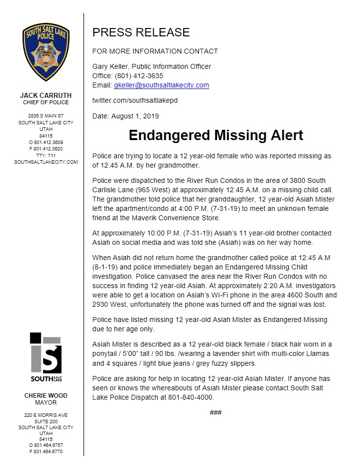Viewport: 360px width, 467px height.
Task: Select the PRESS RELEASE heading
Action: [x=141, y=32]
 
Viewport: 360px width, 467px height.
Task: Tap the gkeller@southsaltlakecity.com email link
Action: [x=162, y=85]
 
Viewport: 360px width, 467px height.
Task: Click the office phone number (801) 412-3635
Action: [x=139, y=76]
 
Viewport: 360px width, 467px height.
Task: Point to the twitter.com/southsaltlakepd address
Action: [x=135, y=100]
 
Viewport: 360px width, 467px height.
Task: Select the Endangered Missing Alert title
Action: [x=216, y=135]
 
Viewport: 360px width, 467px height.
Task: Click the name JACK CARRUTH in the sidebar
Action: [x=46, y=95]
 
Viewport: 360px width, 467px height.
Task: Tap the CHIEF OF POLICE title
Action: [x=46, y=102]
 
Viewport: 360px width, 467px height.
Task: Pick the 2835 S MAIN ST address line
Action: [x=46, y=116]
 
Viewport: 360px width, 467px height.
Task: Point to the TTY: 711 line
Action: [x=46, y=155]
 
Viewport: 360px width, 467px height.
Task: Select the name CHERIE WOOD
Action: [x=46, y=395]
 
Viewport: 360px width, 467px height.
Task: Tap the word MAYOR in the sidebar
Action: [x=46, y=402]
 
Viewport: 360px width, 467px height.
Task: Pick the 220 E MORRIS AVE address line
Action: [x=46, y=415]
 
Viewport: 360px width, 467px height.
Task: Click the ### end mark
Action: [x=216, y=412]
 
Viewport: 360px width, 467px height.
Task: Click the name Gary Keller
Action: [x=110, y=66]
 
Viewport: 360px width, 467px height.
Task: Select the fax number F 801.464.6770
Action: [x=46, y=451]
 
